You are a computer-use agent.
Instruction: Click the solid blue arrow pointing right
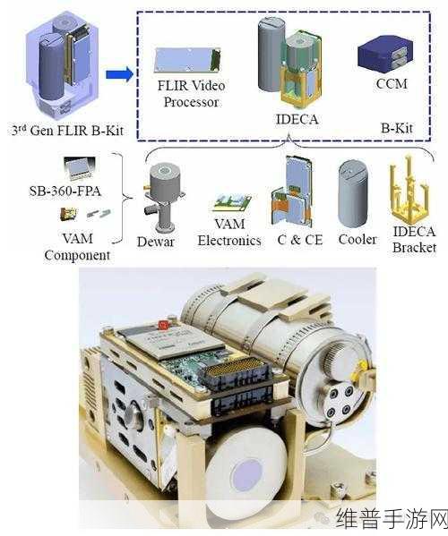(119, 74)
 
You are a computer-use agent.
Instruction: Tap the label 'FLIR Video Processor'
(191, 94)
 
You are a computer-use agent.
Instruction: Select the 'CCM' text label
(392, 84)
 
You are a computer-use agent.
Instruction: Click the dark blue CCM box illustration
(385, 55)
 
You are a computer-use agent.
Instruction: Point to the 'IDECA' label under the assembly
(297, 119)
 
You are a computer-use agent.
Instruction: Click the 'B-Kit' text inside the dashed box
(397, 128)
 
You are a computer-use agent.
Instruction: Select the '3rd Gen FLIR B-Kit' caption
(67, 131)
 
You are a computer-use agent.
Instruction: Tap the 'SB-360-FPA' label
(65, 191)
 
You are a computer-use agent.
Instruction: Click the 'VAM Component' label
(77, 247)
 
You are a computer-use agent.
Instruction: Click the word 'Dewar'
(156, 242)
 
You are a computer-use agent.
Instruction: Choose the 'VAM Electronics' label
(229, 233)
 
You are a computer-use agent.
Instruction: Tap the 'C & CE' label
(300, 240)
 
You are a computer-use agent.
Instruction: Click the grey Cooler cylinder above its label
(353, 193)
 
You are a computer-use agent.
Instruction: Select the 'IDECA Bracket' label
(415, 240)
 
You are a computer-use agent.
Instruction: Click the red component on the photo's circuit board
(164, 325)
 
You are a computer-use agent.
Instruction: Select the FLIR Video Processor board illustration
(188, 60)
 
